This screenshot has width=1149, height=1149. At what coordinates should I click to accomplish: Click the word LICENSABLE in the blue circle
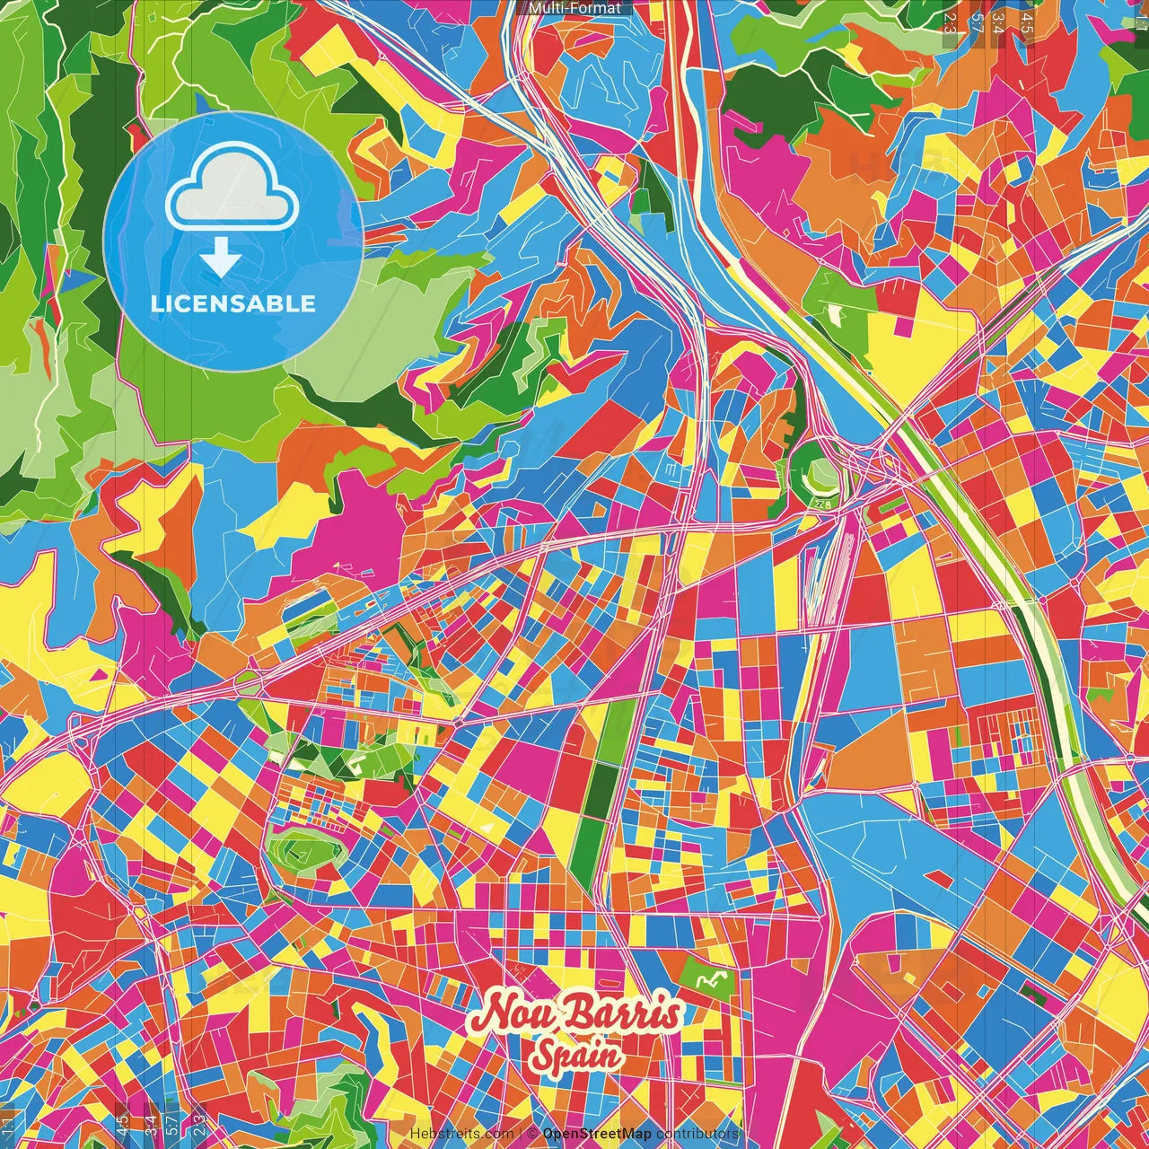[233, 303]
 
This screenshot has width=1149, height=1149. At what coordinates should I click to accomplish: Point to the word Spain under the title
[575, 1056]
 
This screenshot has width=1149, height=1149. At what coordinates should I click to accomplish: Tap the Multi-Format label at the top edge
[574, 8]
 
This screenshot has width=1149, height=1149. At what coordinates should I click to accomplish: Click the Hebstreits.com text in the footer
[461, 1134]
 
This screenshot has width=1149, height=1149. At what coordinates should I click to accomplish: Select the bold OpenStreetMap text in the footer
[597, 1134]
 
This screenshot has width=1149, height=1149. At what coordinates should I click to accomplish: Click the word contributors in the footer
[697, 1134]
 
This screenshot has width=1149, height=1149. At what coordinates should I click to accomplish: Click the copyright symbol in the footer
[532, 1134]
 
